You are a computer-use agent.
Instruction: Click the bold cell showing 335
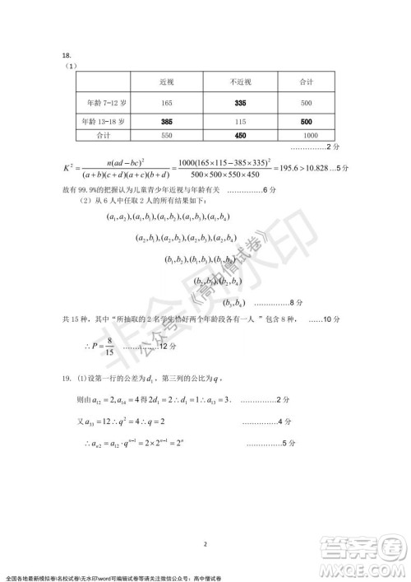pos(241,103)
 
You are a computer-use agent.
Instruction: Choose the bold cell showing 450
pos(241,135)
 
